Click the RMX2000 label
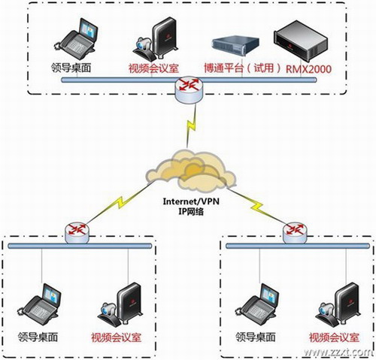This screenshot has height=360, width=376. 308,69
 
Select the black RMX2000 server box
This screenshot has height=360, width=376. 301,41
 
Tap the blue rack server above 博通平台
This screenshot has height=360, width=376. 235,45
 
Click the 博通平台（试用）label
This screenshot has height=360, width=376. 243,68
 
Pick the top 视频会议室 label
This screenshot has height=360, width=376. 153,68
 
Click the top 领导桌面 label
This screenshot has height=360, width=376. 71,68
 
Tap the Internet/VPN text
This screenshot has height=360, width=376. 191,201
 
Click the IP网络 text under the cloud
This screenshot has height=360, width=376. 191,212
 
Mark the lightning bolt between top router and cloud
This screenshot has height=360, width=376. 191,126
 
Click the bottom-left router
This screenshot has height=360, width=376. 77,233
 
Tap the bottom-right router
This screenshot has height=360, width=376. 295,232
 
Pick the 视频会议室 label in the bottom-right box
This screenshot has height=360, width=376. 334,337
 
